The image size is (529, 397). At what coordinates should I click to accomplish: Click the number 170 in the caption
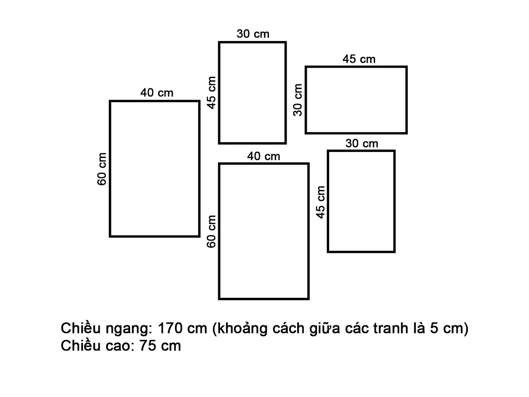170,329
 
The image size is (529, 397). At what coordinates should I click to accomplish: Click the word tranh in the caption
394,329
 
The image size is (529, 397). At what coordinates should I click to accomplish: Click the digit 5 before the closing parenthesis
434,329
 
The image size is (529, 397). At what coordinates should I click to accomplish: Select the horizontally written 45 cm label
359,59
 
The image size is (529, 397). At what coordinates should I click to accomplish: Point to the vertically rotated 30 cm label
298,100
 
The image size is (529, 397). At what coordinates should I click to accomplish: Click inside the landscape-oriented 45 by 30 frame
356,100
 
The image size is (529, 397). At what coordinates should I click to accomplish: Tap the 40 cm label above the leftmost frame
157,93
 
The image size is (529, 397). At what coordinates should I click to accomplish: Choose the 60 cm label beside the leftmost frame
102,169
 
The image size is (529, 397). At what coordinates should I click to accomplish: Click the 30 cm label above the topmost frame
253,34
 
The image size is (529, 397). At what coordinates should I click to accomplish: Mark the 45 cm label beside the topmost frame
212,93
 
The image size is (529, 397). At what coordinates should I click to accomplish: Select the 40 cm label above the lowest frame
263,156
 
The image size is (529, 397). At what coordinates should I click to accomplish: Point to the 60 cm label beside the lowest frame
212,231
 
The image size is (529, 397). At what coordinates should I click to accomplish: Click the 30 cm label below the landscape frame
361,143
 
